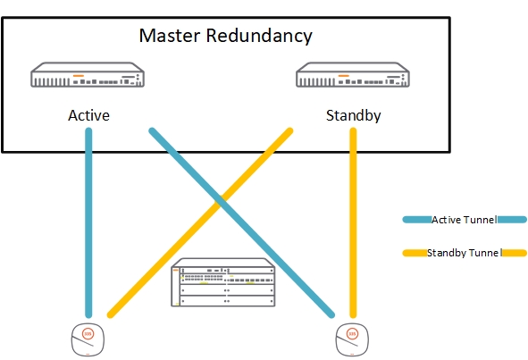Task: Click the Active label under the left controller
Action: [89, 116]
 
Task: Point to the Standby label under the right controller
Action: [353, 116]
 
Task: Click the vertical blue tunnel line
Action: [89, 223]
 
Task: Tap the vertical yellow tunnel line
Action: [354, 223]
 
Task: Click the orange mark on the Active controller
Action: [79, 75]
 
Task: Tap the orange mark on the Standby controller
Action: [344, 75]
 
